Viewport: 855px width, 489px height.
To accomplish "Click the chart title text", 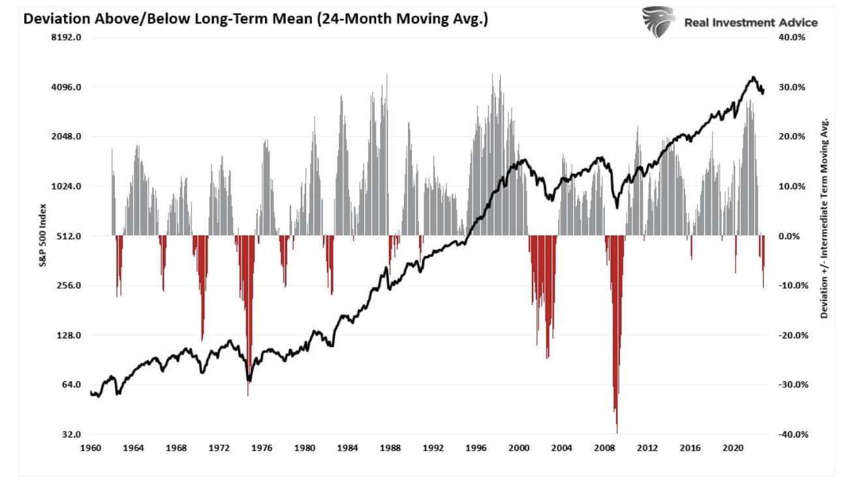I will point(255,20).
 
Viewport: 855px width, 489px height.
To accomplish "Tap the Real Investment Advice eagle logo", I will point(658,22).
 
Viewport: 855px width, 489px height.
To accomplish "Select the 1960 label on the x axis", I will point(90,449).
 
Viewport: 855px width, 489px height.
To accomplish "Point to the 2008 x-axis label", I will point(604,449).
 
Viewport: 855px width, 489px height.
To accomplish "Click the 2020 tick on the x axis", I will point(733,449).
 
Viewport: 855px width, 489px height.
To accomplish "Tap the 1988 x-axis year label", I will point(390,449).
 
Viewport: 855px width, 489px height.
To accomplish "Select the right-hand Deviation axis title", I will point(824,218).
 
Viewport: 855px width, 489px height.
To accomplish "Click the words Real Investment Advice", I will point(751,23).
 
